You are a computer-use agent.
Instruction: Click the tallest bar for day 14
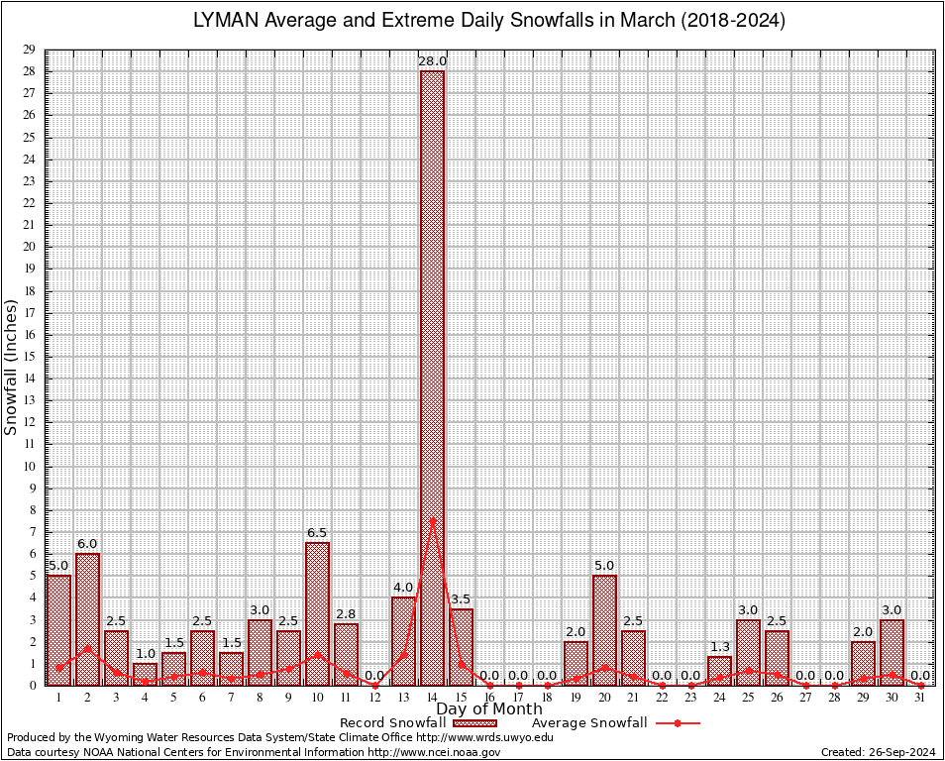(x=432, y=377)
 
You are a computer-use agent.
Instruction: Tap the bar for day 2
(x=87, y=618)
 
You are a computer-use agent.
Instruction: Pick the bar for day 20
(x=604, y=629)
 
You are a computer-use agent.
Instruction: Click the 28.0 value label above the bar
(x=432, y=61)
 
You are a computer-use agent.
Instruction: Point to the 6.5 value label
(x=317, y=533)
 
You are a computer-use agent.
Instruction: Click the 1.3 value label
(x=719, y=648)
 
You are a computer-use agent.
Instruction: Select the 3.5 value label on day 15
(x=461, y=599)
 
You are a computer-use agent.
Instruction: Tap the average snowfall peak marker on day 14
(x=432, y=520)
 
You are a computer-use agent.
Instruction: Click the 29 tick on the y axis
(x=29, y=50)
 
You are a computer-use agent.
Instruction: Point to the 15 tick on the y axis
(x=29, y=357)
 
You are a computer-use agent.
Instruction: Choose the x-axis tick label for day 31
(x=920, y=698)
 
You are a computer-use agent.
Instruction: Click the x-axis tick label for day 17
(x=518, y=698)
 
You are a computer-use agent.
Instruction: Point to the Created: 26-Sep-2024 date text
(x=878, y=752)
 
